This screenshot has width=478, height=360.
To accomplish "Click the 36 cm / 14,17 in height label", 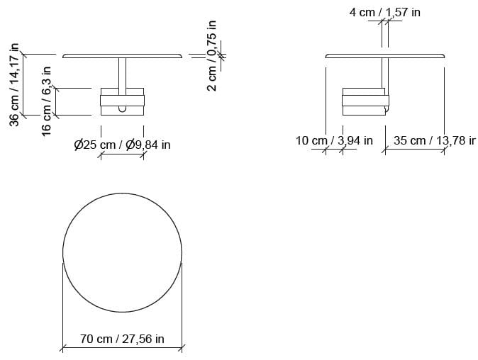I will coord(13,85).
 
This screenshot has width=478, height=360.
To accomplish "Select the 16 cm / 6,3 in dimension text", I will coord(46,101).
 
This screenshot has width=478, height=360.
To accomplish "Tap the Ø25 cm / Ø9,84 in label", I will coord(122,145).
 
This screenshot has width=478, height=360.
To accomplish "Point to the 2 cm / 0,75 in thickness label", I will coord(211,63).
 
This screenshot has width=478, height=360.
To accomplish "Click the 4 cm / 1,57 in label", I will coord(384,12).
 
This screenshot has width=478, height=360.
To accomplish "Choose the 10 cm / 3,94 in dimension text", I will coord(333,140).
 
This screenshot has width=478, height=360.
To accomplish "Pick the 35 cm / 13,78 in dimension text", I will coord(433,140).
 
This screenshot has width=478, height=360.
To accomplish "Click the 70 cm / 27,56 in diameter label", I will coord(122,339).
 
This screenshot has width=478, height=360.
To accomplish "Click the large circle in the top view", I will coord(123,252).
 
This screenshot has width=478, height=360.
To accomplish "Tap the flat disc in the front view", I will coord(123,55).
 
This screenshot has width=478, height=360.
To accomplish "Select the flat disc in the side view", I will coord(386,55).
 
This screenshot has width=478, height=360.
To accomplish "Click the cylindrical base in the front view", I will coord(123,101).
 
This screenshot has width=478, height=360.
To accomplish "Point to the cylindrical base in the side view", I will coord(365,101).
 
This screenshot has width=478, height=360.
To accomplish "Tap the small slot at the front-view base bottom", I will coord(123,108).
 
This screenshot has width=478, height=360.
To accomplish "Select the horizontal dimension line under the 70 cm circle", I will coord(123,347).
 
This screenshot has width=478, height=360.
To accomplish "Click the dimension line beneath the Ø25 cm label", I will coord(122,154).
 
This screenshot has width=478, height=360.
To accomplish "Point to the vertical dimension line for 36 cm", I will coord(23,84).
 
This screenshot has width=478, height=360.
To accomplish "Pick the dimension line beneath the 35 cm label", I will coord(414,150).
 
